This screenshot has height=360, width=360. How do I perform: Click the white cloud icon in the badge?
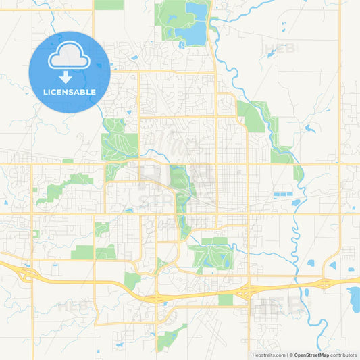pos(69,57)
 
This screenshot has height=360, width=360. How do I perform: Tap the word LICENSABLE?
pos(69,92)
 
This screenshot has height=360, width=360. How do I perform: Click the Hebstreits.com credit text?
pos(269,355)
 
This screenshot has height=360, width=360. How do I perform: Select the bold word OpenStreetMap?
pos(311,355)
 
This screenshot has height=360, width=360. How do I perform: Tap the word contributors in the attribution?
pos(343,355)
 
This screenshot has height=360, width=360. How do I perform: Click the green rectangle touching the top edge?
pos(108,5)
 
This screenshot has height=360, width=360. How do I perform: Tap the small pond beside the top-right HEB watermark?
pos(271,54)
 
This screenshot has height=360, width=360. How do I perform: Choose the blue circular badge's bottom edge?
pos(69,111)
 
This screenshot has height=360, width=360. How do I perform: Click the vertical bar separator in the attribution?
pos(288,355)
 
